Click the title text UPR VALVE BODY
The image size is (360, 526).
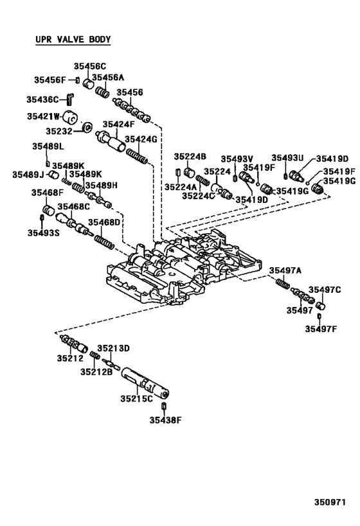(x=73, y=40)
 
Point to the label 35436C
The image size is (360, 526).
(x=42, y=100)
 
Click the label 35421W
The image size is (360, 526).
(x=43, y=116)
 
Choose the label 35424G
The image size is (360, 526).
(x=141, y=139)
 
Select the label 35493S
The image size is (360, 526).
(x=44, y=233)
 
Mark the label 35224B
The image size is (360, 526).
(x=190, y=157)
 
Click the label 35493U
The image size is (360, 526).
(x=287, y=158)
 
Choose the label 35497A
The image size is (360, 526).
(x=285, y=270)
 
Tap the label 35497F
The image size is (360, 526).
(x=321, y=329)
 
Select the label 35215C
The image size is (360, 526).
(x=138, y=399)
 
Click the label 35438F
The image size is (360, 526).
(x=166, y=421)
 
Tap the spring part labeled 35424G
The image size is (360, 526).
(x=137, y=156)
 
